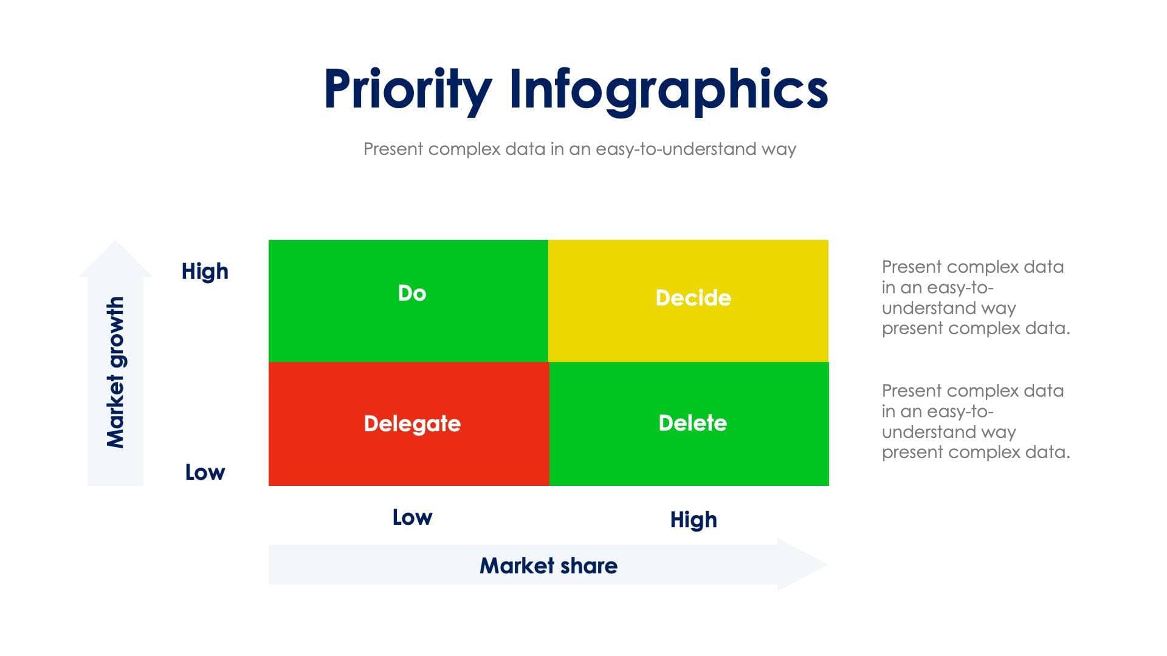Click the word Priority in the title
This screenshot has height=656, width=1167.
coord(407,89)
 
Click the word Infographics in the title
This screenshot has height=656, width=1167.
coord(668,89)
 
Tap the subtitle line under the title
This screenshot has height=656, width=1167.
coord(579,149)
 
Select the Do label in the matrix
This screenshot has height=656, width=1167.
coord(412,293)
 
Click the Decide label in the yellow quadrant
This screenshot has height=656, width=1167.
coord(693,298)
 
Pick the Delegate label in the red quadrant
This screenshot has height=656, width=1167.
coord(412,423)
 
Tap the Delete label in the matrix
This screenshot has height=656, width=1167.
coord(692,423)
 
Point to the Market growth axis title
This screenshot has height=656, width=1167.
coord(115,372)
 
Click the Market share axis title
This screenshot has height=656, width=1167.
coord(548,565)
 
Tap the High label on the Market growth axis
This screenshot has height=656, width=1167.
coord(205,272)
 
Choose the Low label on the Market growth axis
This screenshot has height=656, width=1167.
coord(205,473)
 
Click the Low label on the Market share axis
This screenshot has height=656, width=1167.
coord(412,518)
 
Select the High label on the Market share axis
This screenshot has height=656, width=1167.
coord(694,520)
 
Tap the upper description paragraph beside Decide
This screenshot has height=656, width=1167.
coord(975,298)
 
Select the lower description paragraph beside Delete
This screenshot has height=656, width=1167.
coord(975,422)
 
